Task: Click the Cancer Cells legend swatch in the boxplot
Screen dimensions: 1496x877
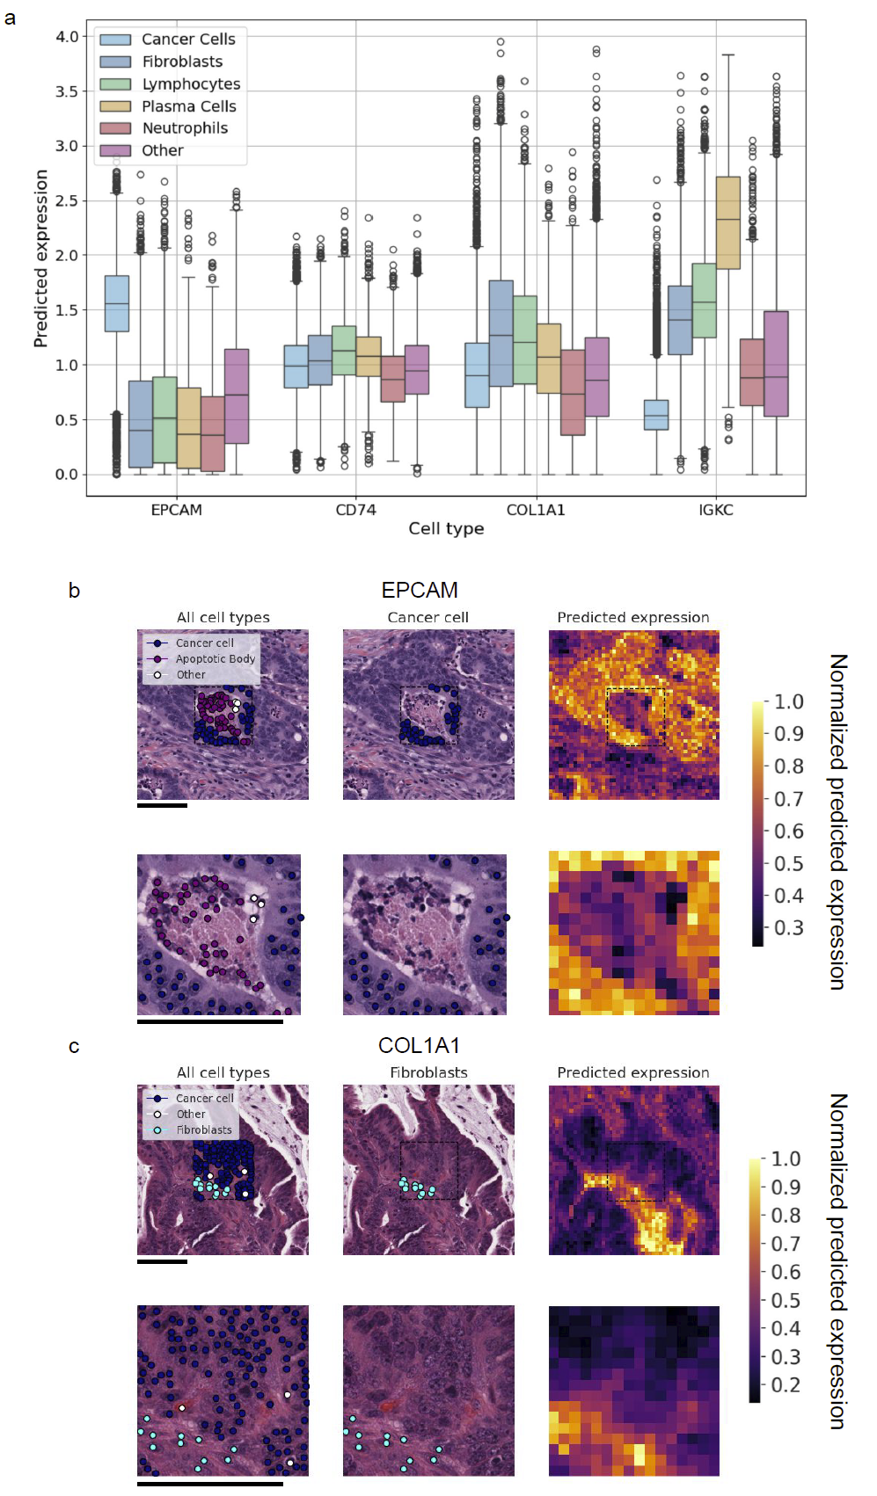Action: (x=115, y=40)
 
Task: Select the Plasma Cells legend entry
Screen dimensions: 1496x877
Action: (x=188, y=106)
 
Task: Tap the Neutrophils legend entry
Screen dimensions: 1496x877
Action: (x=185, y=128)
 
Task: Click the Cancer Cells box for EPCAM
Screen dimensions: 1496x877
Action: (x=117, y=303)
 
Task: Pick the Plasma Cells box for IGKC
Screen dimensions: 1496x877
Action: (x=727, y=222)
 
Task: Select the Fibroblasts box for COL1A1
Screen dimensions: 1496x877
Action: (x=501, y=333)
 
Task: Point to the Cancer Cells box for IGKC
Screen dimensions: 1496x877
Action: (x=655, y=415)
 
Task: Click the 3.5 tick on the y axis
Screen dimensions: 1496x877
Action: (x=67, y=91)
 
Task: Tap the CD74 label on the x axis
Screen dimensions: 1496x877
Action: (x=355, y=510)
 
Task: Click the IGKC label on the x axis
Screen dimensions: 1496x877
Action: (x=715, y=510)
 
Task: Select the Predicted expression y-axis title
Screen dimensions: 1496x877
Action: (x=40, y=258)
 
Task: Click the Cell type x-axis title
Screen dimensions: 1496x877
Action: (x=446, y=528)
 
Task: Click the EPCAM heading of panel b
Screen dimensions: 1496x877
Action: (x=420, y=590)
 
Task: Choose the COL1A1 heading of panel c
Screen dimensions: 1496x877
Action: (x=419, y=1045)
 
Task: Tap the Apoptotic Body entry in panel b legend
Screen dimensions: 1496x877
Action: (x=215, y=658)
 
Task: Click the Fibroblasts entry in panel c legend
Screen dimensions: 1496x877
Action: (x=203, y=1130)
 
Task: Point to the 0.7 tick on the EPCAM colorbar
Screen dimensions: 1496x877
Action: (x=788, y=799)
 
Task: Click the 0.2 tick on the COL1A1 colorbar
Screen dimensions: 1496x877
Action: (x=786, y=1385)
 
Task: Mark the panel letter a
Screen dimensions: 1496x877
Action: (x=10, y=18)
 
